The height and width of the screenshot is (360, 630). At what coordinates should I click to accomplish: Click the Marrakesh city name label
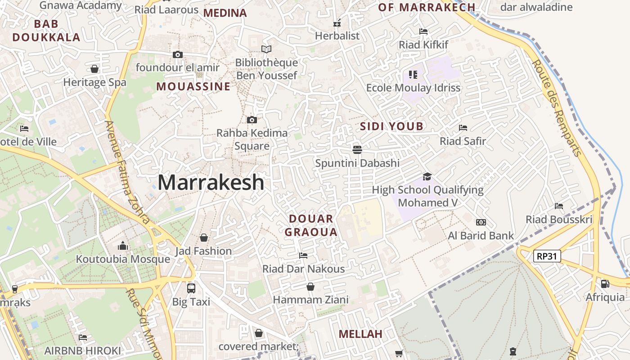pyautogui.click(x=211, y=182)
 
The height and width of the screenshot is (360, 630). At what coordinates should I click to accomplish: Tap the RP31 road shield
pyautogui.click(x=547, y=256)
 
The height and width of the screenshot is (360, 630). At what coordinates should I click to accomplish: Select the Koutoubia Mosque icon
pyautogui.click(x=123, y=246)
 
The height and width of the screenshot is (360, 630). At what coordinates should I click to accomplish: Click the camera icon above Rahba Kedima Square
pyautogui.click(x=252, y=120)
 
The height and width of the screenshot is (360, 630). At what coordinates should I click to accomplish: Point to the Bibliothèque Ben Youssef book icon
pyautogui.click(x=266, y=49)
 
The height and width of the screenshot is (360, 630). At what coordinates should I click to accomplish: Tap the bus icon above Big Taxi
pyautogui.click(x=191, y=288)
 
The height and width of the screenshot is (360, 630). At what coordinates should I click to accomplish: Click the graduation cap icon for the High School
pyautogui.click(x=427, y=177)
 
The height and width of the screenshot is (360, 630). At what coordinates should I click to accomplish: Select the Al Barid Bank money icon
pyautogui.click(x=481, y=222)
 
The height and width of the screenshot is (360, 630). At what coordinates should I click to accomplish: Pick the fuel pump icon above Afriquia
pyautogui.click(x=605, y=284)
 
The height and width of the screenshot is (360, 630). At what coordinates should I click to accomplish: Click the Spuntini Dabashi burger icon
pyautogui.click(x=357, y=149)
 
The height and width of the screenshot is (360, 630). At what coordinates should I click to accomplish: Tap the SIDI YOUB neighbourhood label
pyautogui.click(x=391, y=126)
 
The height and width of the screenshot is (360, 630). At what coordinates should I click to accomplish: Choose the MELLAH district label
pyautogui.click(x=360, y=334)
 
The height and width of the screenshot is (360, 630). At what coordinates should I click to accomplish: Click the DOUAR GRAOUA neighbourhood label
pyautogui.click(x=311, y=225)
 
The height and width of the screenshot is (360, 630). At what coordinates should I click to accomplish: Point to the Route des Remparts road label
pyautogui.click(x=557, y=108)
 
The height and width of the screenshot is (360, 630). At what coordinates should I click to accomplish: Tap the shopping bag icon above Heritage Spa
pyautogui.click(x=94, y=69)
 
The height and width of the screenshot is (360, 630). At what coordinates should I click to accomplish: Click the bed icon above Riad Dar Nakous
pyautogui.click(x=303, y=256)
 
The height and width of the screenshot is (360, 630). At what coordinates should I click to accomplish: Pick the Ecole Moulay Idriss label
pyautogui.click(x=413, y=88)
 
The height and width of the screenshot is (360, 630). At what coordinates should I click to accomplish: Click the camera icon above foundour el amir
pyautogui.click(x=178, y=55)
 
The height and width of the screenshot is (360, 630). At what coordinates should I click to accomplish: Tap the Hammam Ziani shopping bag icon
pyautogui.click(x=310, y=287)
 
